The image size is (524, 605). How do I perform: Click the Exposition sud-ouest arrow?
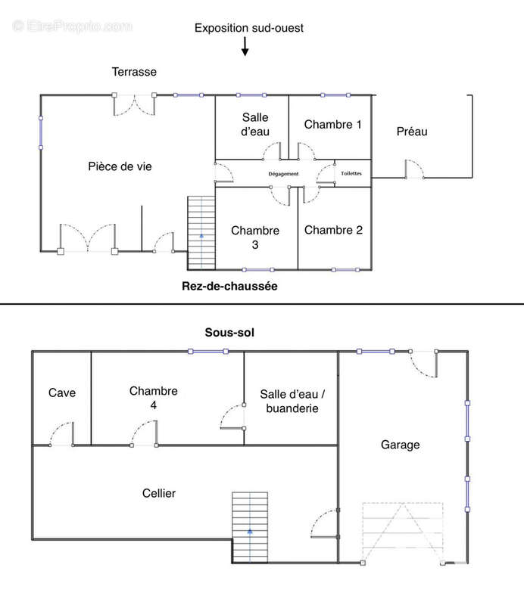[245, 46]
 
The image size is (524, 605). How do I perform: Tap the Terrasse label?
[134, 72]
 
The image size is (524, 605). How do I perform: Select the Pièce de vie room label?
[120, 166]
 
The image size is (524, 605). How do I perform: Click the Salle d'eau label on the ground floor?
[255, 124]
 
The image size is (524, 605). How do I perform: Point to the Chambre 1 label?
[332, 124]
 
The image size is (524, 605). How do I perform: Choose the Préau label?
[412, 132]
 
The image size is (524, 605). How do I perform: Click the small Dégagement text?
[283, 174]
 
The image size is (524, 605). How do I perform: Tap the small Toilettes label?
[351, 173]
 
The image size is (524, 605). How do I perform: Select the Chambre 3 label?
[255, 237]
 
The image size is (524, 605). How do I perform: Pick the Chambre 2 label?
[333, 230]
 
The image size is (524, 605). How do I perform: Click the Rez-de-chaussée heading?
[229, 286]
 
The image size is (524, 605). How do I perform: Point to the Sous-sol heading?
[229, 332]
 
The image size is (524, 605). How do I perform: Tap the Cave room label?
[62, 392]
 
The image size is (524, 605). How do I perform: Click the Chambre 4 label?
[154, 398]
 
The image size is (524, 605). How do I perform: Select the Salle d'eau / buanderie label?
[292, 401]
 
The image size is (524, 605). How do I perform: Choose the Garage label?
[401, 445]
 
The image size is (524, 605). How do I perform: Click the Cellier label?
[159, 493]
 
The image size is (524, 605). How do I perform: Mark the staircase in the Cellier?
[250, 527]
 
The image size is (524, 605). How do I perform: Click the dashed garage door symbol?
[402, 532]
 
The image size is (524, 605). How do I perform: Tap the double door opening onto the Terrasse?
[134, 105]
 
